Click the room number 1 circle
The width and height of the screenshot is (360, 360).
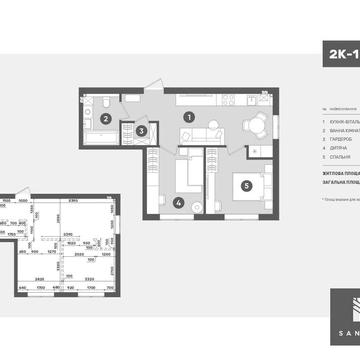(187, 116)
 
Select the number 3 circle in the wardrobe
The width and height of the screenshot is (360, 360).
(142, 129)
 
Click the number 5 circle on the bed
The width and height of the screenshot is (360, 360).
(246, 186)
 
